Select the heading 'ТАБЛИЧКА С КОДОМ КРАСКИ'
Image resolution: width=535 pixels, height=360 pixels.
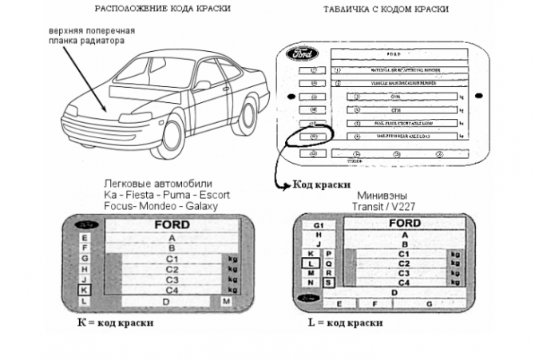[x=385, y=9]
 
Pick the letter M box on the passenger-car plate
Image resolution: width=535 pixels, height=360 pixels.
[x=227, y=301]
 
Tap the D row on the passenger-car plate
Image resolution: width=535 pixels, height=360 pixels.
[x=164, y=302]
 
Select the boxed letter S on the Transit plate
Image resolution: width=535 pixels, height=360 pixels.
[x=328, y=282]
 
